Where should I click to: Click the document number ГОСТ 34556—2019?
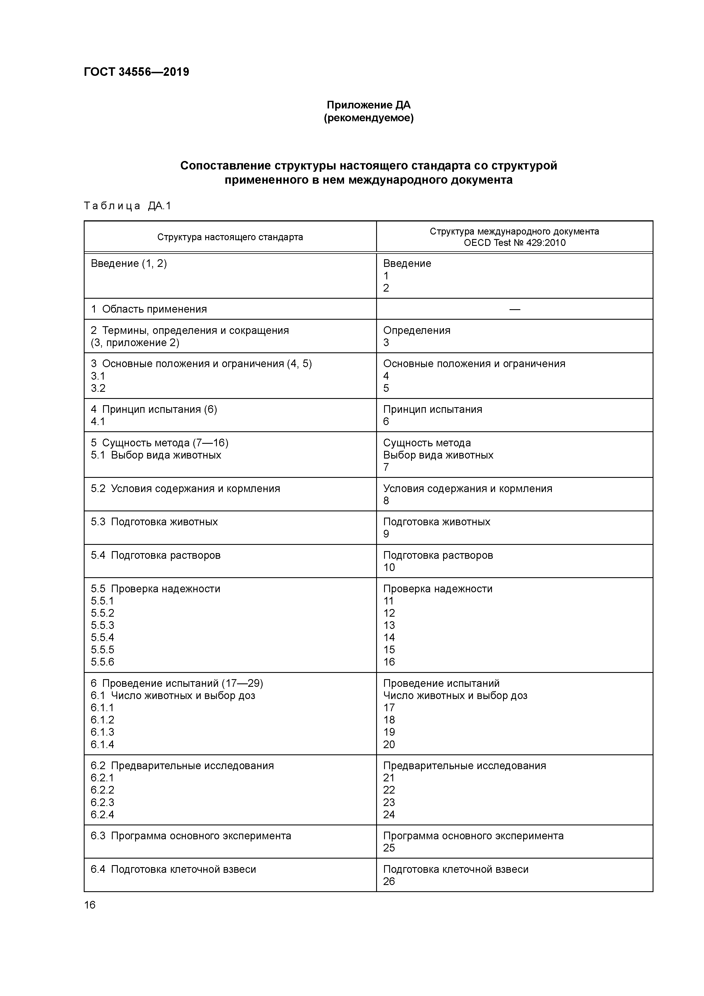(x=136, y=72)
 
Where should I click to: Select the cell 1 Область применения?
(x=149, y=309)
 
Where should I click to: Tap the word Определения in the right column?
(x=416, y=330)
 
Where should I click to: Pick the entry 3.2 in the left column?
(x=98, y=388)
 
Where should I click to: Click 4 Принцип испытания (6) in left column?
(x=154, y=409)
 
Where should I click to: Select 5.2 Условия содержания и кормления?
(x=185, y=489)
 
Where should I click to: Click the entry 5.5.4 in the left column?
(x=102, y=638)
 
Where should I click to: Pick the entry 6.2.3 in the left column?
(x=102, y=803)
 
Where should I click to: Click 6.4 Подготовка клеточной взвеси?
(x=173, y=869)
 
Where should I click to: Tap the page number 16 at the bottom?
(x=90, y=905)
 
